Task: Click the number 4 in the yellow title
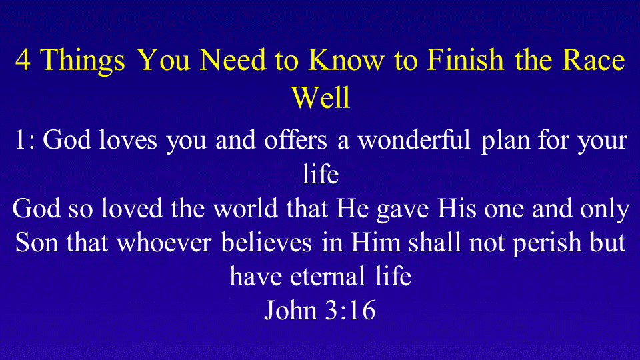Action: pos(23,59)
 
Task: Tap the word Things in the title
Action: pos(82,61)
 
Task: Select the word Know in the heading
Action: pos(346,59)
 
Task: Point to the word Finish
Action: pos(465,59)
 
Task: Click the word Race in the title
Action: pos(593,59)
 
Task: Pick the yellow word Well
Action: pos(321,97)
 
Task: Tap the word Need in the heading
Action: pos(233,59)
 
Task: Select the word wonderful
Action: pos(414,139)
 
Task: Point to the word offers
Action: pos(295,139)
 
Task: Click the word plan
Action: pos(505,141)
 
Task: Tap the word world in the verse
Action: pos(245,208)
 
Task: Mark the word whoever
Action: pos(164,242)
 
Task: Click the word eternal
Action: pos(328,276)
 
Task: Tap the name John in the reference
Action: pos(291,310)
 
